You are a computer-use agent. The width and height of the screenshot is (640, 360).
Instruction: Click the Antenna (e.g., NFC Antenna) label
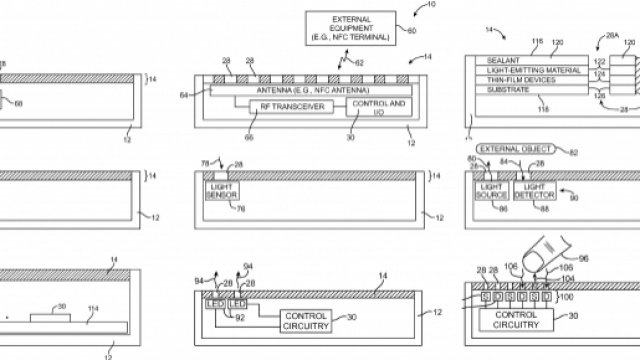click(299, 87)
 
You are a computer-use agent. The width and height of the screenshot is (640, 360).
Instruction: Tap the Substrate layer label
click(497, 101)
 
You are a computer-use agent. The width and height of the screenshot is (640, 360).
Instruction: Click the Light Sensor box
click(220, 189)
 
